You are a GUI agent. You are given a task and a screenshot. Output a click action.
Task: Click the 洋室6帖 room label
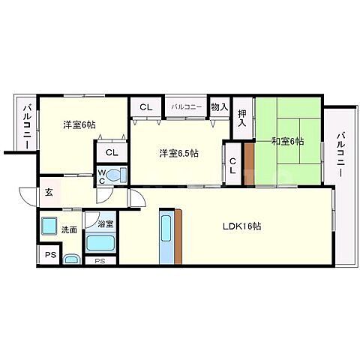[78, 125]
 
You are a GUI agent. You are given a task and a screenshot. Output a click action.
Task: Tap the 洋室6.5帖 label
[178, 154]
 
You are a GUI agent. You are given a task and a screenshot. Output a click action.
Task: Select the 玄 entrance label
[48, 192]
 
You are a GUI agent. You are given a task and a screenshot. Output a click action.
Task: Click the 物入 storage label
[219, 107]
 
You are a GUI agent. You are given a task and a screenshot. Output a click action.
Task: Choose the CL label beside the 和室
[233, 165]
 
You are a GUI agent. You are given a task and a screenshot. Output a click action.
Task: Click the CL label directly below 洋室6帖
[112, 152]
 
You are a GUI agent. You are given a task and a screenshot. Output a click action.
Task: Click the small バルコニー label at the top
[187, 108]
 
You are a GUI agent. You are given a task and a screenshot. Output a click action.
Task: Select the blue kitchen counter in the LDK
[166, 235]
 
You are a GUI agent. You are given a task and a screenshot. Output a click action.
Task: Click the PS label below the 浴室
[100, 261]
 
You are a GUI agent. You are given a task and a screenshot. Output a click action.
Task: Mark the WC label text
[101, 177]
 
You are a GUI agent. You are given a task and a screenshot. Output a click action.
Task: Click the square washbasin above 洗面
[49, 225]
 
